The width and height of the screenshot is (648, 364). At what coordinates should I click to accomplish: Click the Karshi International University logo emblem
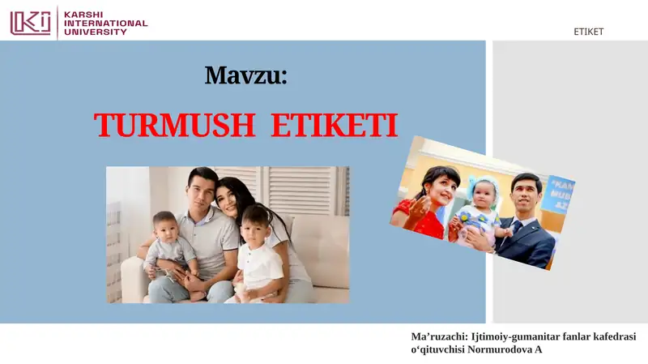30,21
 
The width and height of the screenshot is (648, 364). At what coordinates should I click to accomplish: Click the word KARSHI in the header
84,14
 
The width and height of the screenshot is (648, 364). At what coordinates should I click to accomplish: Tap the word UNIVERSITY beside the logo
96,32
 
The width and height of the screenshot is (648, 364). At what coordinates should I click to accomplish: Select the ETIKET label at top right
588,32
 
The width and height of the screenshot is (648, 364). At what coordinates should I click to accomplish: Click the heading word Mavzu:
246,75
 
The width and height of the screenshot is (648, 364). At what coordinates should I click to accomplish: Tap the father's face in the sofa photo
202,189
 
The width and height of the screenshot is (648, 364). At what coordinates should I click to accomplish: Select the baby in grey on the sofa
168,247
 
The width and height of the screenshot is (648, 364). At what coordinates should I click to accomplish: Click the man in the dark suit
526,227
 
